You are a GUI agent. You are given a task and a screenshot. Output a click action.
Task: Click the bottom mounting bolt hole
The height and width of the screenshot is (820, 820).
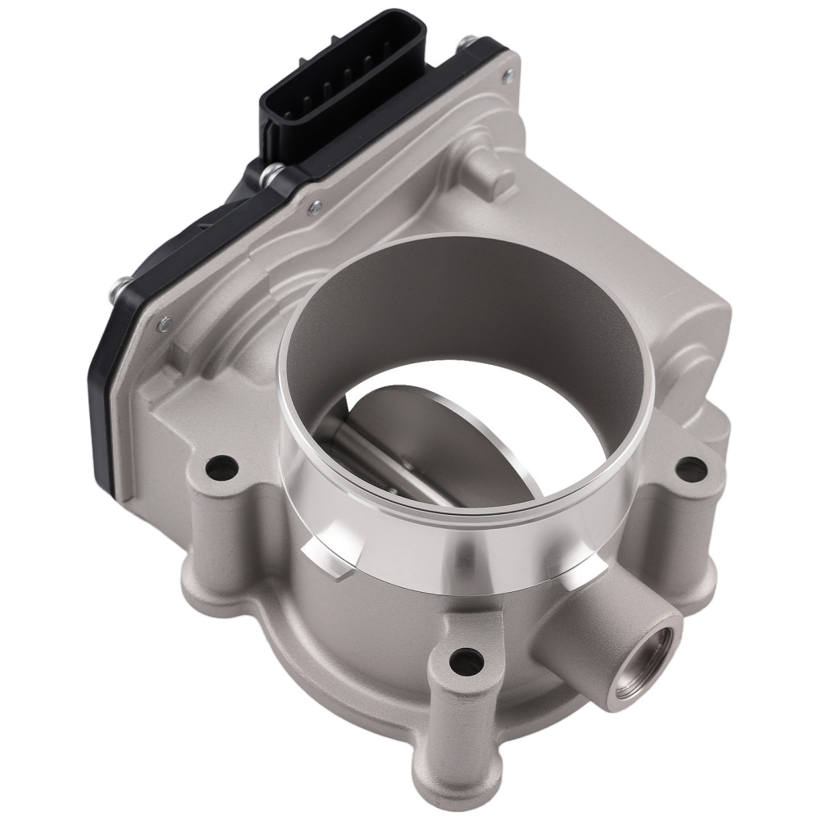pyautogui.click(x=465, y=656)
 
